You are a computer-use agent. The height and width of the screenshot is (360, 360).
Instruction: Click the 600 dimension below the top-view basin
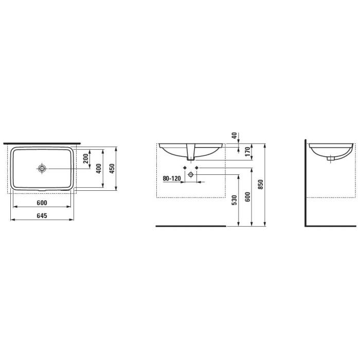[x=42, y=203]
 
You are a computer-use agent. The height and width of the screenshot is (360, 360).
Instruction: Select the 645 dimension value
[x=42, y=216]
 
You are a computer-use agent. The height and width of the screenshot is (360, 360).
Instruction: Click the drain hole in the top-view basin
[x=42, y=168]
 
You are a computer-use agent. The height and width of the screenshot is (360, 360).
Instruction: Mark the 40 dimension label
[x=235, y=136]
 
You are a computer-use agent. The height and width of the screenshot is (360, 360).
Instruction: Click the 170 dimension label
[x=247, y=151]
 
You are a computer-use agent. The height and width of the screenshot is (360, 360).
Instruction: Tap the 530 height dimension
[x=235, y=200]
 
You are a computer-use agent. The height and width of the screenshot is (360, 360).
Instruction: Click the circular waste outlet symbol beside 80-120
[x=191, y=175]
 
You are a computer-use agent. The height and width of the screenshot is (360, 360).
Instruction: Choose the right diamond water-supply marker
[x=197, y=168]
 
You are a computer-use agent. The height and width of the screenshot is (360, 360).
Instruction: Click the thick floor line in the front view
[x=191, y=225]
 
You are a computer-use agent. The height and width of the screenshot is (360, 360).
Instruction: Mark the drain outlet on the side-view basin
[x=330, y=158]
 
